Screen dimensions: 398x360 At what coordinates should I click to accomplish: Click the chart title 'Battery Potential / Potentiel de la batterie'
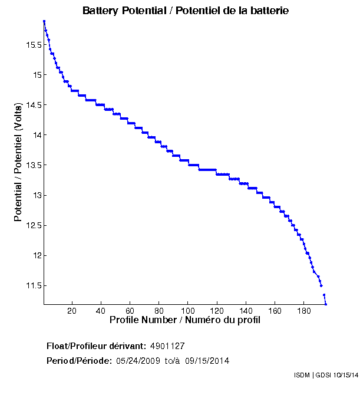tap(185, 11)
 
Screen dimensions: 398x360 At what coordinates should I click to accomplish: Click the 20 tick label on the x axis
tap(72, 311)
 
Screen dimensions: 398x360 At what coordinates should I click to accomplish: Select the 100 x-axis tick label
tap(188, 311)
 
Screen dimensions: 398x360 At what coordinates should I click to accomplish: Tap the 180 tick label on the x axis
tap(304, 311)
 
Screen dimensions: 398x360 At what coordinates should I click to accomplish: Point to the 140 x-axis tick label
tap(246, 311)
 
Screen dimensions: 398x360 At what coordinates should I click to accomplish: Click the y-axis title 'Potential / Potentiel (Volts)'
tap(19, 162)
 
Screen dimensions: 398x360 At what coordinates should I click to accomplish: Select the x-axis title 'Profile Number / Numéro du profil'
tap(185, 320)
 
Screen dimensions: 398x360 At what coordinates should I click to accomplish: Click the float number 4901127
tap(168, 346)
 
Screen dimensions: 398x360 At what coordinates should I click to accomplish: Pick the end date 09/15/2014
tap(207, 361)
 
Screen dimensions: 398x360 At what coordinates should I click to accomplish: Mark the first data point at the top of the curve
tap(44, 21)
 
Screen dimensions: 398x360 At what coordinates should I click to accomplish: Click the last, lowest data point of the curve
tap(326, 304)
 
